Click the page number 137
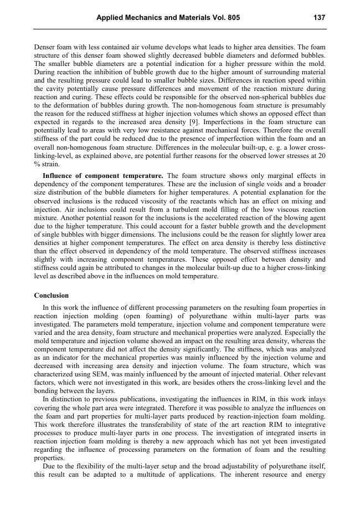[319, 18]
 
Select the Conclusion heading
[52, 295]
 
